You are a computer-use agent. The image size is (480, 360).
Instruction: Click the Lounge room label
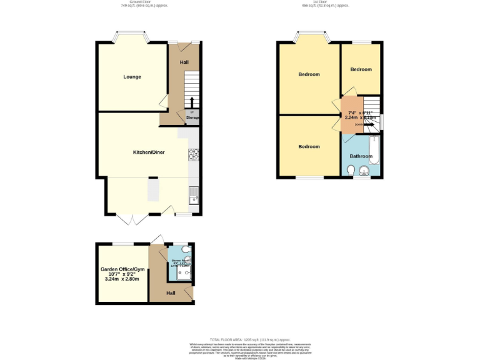tap(132, 77)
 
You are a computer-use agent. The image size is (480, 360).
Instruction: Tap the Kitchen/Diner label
tap(149, 152)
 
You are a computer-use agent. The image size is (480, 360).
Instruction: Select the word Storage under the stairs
tap(192, 117)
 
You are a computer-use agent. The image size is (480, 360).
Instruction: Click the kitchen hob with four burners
tap(193, 154)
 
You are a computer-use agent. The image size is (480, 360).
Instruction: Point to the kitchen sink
tap(194, 195)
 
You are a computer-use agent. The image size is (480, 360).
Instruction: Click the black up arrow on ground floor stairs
tap(192, 102)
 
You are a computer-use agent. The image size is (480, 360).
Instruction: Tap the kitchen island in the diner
tap(153, 189)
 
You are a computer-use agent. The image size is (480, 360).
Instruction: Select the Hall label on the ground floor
tap(184, 62)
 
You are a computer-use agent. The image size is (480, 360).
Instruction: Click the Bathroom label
tap(361, 156)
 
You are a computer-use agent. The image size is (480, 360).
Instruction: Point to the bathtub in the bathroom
tap(374, 151)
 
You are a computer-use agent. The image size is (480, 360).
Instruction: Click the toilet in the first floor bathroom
tap(351, 169)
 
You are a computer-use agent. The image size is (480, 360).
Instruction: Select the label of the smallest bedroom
tap(361, 69)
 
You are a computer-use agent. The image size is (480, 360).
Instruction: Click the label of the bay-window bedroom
tap(309, 74)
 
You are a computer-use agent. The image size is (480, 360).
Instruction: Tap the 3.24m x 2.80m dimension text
tap(122, 279)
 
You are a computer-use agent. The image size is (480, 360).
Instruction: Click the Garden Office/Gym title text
tap(122, 269)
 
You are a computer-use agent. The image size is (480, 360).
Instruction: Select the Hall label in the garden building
tap(171, 292)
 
